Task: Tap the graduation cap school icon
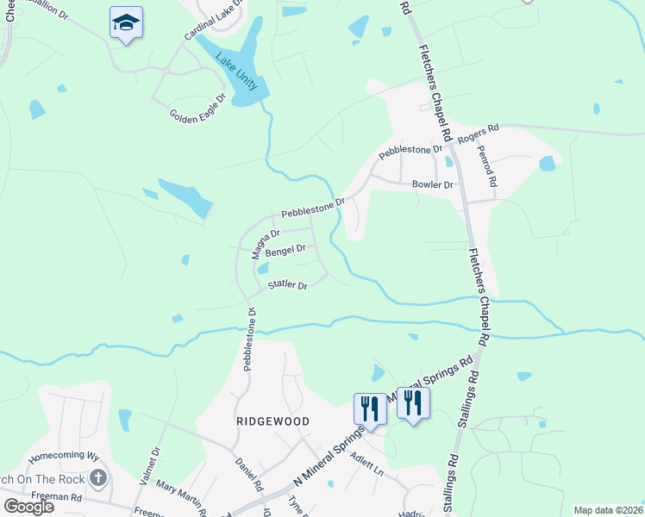pyautogui.click(x=126, y=22)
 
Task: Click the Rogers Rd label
pyautogui.click(x=479, y=134)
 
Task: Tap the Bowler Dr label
pyautogui.click(x=432, y=184)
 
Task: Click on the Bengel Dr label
pyautogui.click(x=285, y=251)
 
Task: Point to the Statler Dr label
pyautogui.click(x=288, y=285)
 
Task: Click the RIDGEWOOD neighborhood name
pyautogui.click(x=272, y=421)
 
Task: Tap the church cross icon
pyautogui.click(x=98, y=477)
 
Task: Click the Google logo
pyautogui.click(x=28, y=506)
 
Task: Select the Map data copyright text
pyautogui.click(x=608, y=510)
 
